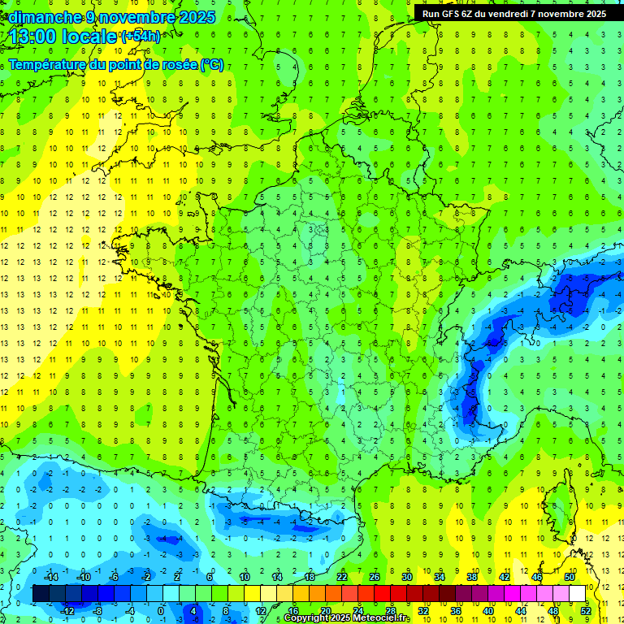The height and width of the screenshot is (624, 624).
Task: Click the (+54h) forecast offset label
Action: (x=140, y=37)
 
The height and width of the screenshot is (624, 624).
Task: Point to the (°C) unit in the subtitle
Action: (x=211, y=65)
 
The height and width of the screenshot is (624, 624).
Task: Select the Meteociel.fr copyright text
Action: (x=347, y=618)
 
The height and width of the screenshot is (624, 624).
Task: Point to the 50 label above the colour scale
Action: (x=569, y=576)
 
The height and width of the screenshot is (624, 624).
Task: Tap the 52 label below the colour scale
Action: (x=586, y=611)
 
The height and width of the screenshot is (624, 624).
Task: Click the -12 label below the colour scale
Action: (x=67, y=611)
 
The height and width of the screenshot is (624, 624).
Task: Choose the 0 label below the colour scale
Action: (x=161, y=611)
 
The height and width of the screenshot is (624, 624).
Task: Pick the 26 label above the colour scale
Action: (x=375, y=576)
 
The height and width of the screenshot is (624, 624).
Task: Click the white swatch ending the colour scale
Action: (x=577, y=594)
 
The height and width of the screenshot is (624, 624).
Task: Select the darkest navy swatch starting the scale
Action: (x=41, y=594)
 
